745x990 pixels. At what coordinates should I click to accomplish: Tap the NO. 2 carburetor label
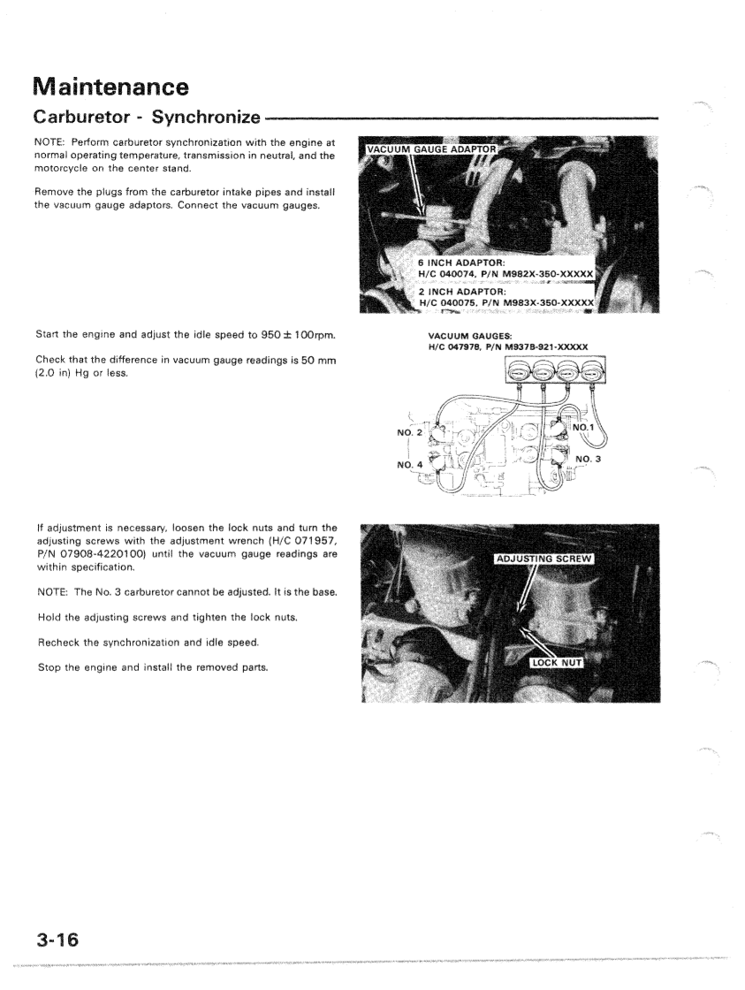tap(412, 433)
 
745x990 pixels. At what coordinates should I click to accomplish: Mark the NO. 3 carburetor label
tap(588, 459)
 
